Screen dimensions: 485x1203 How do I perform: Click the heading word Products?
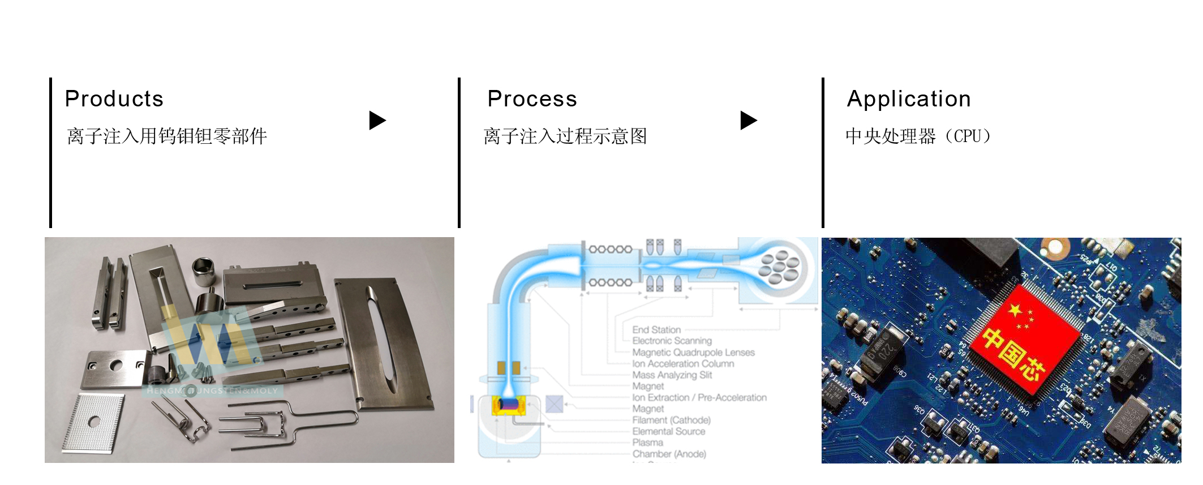[114, 99]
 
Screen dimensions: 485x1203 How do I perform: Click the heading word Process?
[532, 99]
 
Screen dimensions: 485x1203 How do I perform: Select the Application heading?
[909, 99]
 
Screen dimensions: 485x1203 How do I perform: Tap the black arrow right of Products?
[377, 120]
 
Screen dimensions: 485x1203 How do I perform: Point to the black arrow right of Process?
[748, 120]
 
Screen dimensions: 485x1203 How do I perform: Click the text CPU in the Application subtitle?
[968, 136]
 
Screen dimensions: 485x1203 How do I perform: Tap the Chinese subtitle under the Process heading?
[565, 136]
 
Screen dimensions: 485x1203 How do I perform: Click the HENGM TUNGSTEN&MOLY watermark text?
[212, 390]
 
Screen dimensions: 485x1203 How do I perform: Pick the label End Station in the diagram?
[656, 329]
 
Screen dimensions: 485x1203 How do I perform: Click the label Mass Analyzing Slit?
[672, 375]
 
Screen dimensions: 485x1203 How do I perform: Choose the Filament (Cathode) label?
[671, 420]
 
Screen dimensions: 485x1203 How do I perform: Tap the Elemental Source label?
[669, 431]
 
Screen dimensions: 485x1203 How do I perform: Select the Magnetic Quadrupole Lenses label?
[693, 352]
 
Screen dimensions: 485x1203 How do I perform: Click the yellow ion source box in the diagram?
[508, 405]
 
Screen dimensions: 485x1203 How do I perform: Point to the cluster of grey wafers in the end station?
[780, 266]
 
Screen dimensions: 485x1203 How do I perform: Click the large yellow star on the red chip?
[1015, 310]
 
